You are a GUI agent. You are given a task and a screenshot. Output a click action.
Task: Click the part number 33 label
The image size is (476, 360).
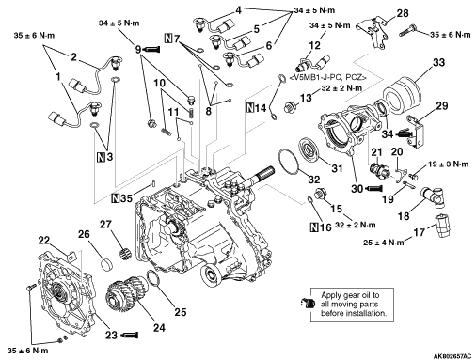pyautogui.click(x=438, y=62)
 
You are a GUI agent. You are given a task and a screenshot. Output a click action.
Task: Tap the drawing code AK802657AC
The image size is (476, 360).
pyautogui.click(x=452, y=356)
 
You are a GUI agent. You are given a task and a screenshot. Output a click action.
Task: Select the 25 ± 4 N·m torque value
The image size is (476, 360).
pyautogui.click(x=384, y=243)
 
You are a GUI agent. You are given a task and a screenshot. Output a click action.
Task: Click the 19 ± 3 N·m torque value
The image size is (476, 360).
pyautogui.click(x=449, y=164)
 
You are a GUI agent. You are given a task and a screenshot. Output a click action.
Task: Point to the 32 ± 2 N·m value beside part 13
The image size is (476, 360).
pyautogui.click(x=341, y=88)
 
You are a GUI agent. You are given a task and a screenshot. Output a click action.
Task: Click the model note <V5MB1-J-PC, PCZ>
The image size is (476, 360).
pyautogui.click(x=327, y=77)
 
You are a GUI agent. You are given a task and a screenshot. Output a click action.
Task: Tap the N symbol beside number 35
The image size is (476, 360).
pyautogui.click(x=116, y=198)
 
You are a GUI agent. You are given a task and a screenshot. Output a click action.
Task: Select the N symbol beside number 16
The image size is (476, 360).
pyautogui.click(x=314, y=227)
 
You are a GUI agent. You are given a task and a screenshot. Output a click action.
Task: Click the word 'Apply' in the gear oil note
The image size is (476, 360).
pyautogui.click(x=331, y=295)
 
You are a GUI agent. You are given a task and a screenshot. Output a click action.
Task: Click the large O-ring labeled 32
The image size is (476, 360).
pyautogui.click(x=288, y=161)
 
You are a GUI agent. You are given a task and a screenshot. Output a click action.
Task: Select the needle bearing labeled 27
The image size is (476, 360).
pyautogui.click(x=126, y=252)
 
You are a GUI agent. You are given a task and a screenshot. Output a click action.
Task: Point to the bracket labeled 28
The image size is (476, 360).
pyautogui.click(x=373, y=33)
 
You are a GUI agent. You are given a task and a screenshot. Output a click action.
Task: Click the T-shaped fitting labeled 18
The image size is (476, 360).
pyautogui.click(x=435, y=196)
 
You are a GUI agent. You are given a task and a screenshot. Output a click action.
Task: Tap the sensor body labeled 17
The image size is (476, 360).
pyautogui.click(x=442, y=226)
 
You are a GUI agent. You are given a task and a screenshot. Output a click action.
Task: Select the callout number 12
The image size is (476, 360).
pyautogui.click(x=315, y=45)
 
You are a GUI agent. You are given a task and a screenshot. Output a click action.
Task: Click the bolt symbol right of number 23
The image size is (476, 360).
pyautogui.click(x=130, y=335)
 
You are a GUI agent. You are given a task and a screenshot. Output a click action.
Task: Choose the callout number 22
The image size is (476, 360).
pyautogui.click(x=44, y=241)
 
